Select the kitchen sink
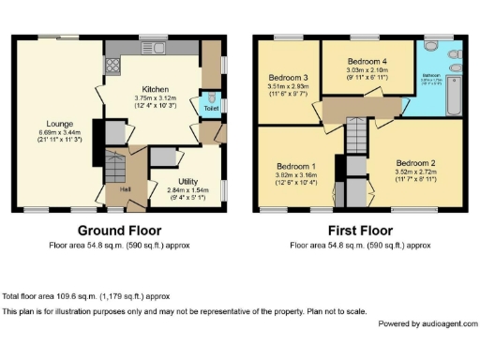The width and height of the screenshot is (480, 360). pos(150,48)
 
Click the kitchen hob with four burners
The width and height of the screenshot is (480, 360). pos(113,66)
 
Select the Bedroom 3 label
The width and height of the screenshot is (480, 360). pos(282,77)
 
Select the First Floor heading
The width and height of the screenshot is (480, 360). pos(360,231)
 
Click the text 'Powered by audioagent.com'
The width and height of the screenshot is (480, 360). pos(424,322)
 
